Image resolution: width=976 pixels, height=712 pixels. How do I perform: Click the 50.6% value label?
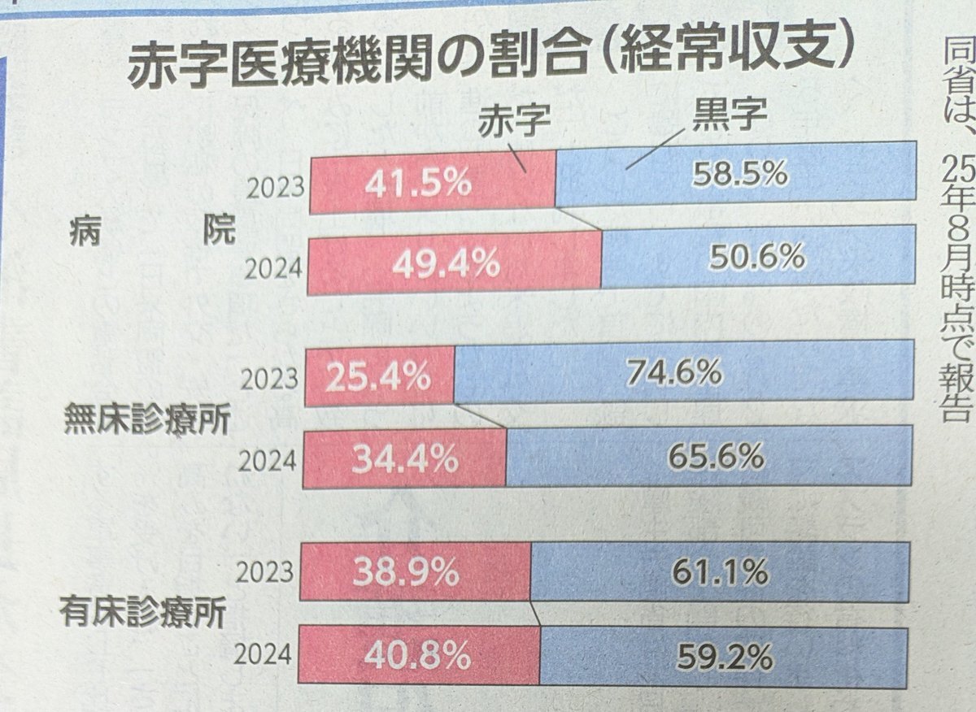pyautogui.click(x=756, y=258)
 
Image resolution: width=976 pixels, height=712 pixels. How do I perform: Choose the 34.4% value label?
pyautogui.click(x=404, y=460)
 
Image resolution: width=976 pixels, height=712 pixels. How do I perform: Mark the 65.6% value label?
pyautogui.click(x=715, y=457)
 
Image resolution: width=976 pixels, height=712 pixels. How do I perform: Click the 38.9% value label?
pyautogui.click(x=407, y=574)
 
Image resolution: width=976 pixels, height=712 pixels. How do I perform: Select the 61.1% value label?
pyautogui.click(x=720, y=572)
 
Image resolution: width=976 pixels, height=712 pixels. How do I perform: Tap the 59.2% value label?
pyautogui.click(x=724, y=657)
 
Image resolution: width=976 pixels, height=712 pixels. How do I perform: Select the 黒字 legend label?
pyautogui.click(x=729, y=116)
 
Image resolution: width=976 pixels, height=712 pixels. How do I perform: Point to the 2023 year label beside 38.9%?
pyautogui.click(x=264, y=572)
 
